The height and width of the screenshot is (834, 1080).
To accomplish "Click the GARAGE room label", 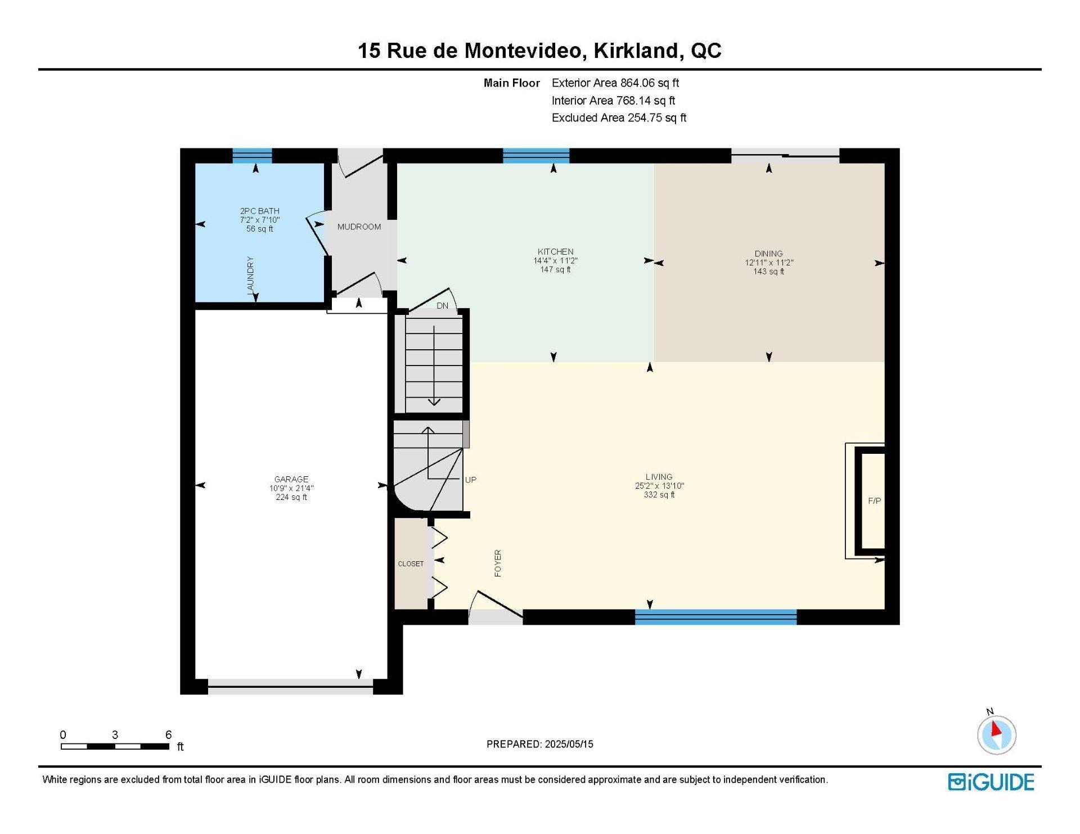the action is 291,479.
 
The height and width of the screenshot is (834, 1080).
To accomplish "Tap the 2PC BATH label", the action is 260,211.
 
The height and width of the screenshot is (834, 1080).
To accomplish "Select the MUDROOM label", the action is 359,227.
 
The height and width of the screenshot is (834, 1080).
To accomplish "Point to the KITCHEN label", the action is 555,251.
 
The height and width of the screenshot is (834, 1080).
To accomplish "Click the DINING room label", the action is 768,253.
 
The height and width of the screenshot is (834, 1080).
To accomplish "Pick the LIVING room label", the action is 659,476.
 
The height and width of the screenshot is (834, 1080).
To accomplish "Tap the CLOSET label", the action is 411,563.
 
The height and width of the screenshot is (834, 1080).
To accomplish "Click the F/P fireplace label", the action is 874,501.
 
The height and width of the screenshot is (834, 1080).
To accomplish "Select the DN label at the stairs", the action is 443,305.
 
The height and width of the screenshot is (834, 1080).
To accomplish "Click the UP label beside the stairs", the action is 471,480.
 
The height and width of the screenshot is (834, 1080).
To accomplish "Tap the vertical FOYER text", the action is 498,563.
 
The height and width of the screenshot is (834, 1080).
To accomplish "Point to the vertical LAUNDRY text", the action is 251,275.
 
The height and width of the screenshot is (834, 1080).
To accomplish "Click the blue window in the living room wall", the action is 715,617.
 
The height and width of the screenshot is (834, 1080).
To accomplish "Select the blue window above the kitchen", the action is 536,156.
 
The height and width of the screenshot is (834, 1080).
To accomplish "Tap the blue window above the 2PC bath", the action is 252,156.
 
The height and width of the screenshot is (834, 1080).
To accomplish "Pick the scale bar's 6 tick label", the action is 168,734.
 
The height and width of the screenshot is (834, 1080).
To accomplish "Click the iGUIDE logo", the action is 991,782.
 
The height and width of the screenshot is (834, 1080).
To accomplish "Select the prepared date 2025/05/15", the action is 569,744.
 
